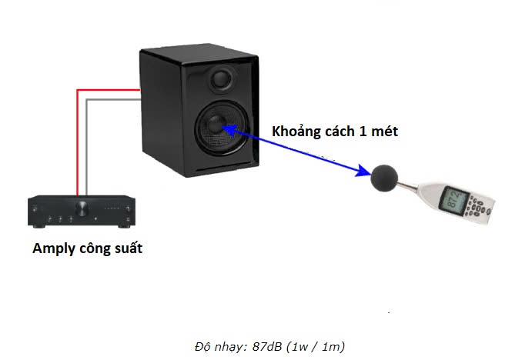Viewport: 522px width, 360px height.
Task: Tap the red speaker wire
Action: [77, 138]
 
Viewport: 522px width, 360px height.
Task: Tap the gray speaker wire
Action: [87, 146]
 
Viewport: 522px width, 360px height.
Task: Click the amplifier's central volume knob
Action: [82, 208]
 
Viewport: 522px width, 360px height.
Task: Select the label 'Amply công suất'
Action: [87, 248]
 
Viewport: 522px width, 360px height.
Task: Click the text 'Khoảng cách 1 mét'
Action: [335, 132]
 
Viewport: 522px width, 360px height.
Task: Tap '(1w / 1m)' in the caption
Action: [317, 345]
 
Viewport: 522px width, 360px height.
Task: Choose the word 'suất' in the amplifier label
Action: [127, 248]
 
